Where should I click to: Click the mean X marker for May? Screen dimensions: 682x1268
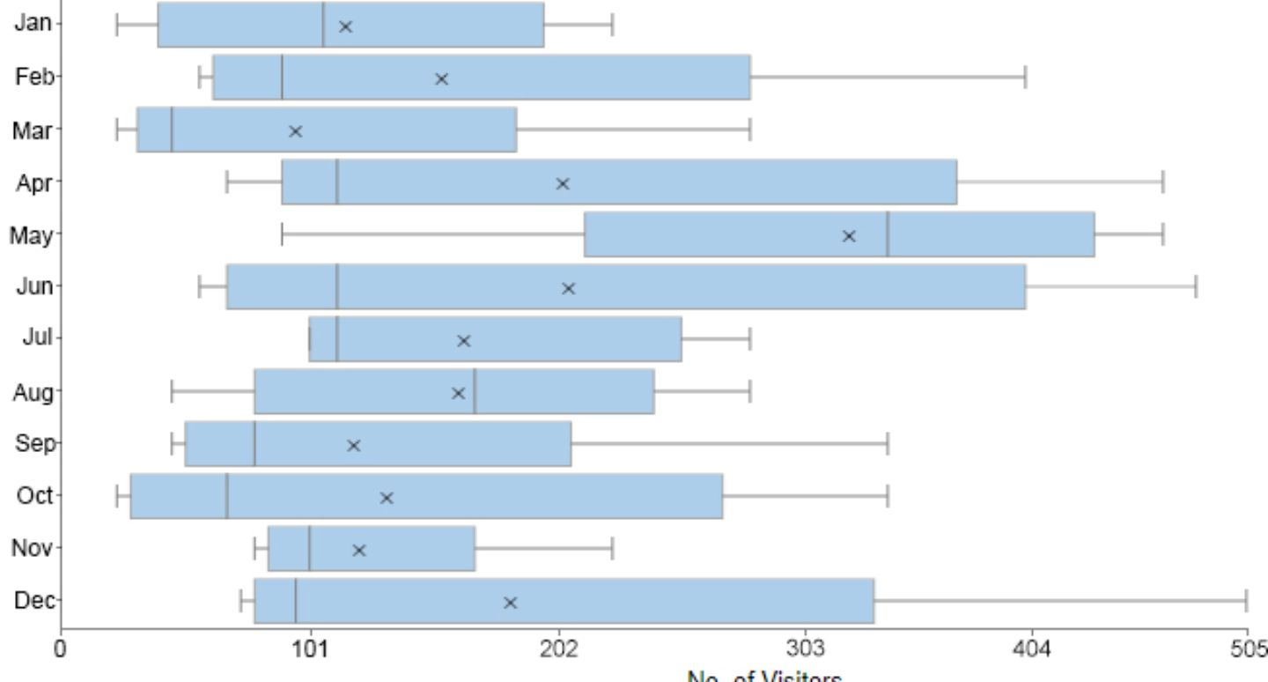click(x=849, y=236)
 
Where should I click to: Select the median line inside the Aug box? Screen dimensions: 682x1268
click(x=475, y=391)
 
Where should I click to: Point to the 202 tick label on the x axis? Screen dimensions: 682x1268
click(x=558, y=649)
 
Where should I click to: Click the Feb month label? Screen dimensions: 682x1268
click(x=33, y=78)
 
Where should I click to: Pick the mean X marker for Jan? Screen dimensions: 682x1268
click(x=345, y=26)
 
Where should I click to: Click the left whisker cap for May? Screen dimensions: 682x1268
click(x=282, y=234)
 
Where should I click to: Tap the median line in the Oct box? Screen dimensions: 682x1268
click(x=227, y=496)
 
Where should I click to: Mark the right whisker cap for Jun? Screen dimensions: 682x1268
click(x=1196, y=286)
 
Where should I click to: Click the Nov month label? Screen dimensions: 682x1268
click(x=32, y=548)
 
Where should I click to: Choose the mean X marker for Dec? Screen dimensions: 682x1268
click(x=510, y=603)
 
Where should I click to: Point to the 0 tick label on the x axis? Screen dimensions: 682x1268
click(x=61, y=649)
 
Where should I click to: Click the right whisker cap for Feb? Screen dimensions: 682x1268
click(x=1025, y=78)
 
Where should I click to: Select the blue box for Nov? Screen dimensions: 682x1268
click(x=371, y=548)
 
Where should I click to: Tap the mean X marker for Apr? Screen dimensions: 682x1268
click(x=563, y=183)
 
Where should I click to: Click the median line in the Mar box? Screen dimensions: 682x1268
click(x=172, y=130)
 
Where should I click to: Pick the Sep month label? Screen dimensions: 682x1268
click(x=33, y=443)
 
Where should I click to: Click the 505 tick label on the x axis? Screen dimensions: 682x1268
click(x=1248, y=649)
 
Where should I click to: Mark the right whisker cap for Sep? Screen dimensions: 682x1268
click(x=888, y=443)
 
